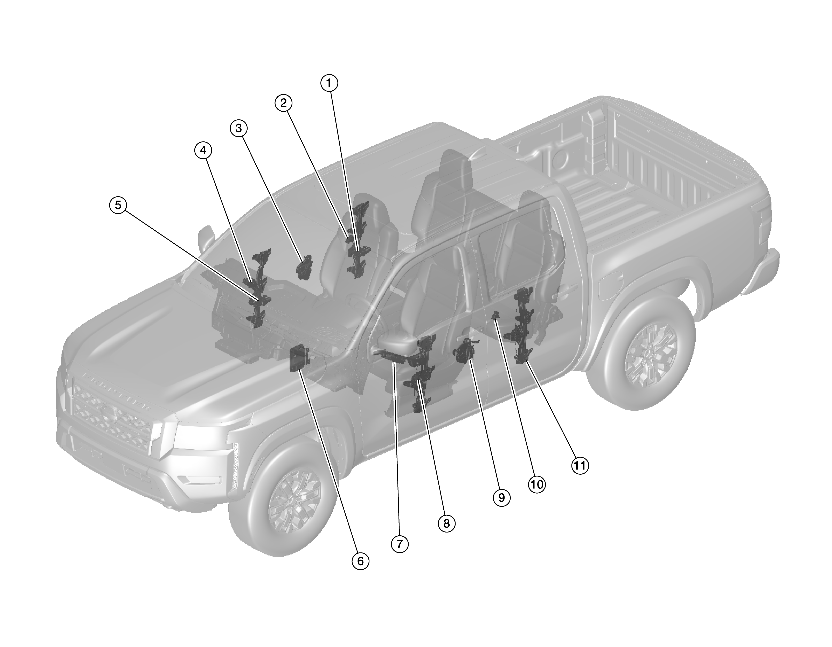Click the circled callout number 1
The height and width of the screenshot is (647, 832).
coord(329,83)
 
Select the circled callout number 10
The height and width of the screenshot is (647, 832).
coord(536,485)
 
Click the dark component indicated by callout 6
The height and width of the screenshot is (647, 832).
coord(299,358)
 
